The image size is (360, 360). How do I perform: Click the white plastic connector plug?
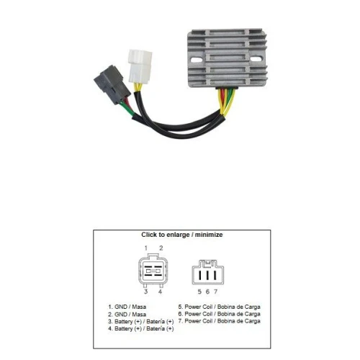pyautogui.click(x=140, y=66)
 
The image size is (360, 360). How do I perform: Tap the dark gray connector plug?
pyautogui.click(x=112, y=85)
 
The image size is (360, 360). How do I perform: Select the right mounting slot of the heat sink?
pyautogui.click(x=256, y=59)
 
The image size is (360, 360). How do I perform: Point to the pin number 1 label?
pyautogui.click(x=146, y=248)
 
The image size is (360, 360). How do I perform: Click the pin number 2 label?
pyautogui.click(x=161, y=248)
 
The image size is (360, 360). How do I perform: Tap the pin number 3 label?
pyautogui.click(x=145, y=292)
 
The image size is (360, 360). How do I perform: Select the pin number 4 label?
pyautogui.click(x=160, y=292)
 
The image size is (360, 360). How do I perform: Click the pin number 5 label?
pyautogui.click(x=199, y=292)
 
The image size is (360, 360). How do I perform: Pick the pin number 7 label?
pyautogui.click(x=215, y=292)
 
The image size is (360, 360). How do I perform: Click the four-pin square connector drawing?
pyautogui.click(x=153, y=271)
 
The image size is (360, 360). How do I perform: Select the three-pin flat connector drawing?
pyautogui.click(x=208, y=272)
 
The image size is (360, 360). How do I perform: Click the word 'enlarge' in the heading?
pyautogui.click(x=178, y=235)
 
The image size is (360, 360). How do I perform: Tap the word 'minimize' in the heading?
pyautogui.click(x=209, y=235)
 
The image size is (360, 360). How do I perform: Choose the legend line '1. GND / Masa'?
pyautogui.click(x=127, y=307)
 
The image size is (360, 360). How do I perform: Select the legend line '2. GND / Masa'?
pyautogui.click(x=127, y=315)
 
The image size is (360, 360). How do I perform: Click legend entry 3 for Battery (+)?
pyautogui.click(x=141, y=322)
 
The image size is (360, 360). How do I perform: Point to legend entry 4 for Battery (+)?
pyautogui.click(x=141, y=328)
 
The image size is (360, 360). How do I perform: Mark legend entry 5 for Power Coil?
pyautogui.click(x=220, y=307)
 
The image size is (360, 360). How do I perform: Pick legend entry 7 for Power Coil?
pyautogui.click(x=220, y=321)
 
